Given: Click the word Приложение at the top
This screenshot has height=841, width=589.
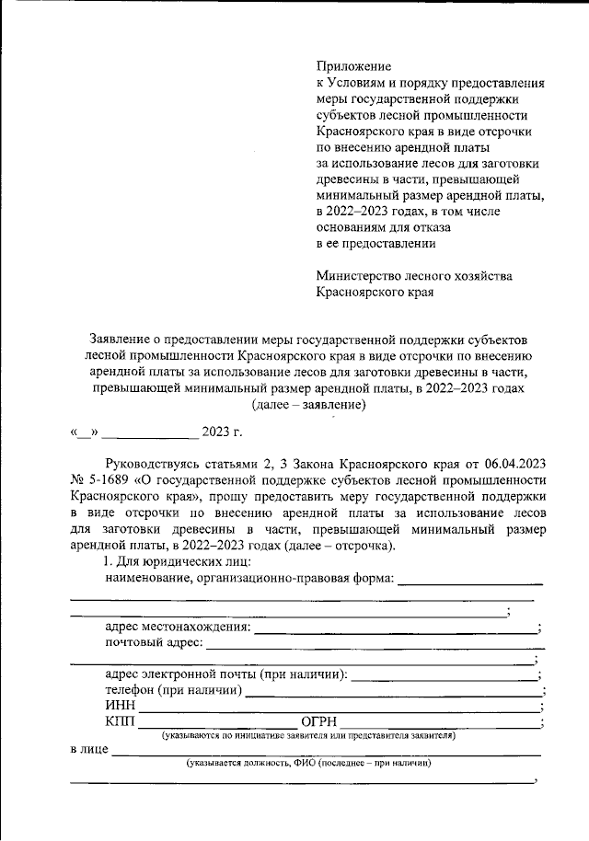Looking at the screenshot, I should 353,66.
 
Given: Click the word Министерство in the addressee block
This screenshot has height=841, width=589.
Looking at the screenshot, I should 361,276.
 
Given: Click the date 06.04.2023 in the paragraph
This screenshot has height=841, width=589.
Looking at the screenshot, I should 514,465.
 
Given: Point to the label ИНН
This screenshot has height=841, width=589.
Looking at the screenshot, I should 121,705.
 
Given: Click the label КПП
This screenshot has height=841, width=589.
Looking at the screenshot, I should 121,721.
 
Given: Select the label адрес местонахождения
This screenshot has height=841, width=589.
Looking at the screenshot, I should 178,627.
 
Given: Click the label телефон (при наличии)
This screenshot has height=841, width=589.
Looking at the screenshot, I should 174,689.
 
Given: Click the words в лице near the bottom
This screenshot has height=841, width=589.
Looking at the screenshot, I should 88,750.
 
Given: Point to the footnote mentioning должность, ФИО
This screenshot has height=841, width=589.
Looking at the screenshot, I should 308,764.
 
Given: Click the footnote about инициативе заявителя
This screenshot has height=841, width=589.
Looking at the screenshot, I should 308,736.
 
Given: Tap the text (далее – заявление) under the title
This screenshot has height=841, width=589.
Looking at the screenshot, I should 308,404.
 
